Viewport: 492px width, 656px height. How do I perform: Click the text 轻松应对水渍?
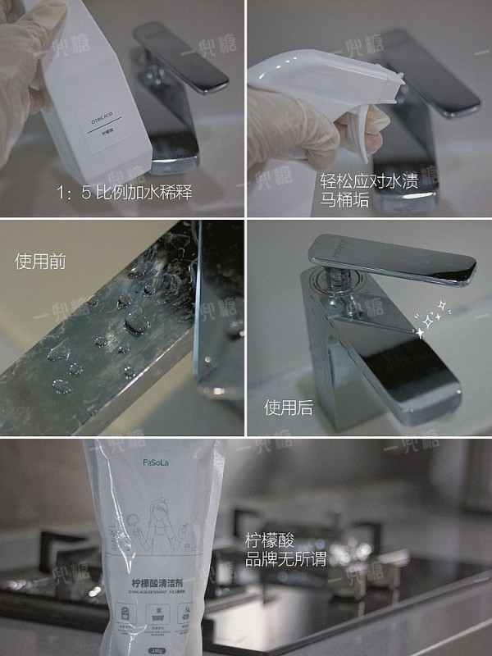click(x=368, y=180)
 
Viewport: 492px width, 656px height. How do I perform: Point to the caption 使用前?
click(x=40, y=262)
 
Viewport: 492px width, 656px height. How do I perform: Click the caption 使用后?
click(x=288, y=408)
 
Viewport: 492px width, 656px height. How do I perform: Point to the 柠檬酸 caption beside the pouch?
click(x=270, y=542)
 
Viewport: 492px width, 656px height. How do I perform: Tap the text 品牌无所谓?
click(x=286, y=561)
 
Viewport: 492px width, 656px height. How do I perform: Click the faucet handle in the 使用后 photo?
click(x=393, y=262)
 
